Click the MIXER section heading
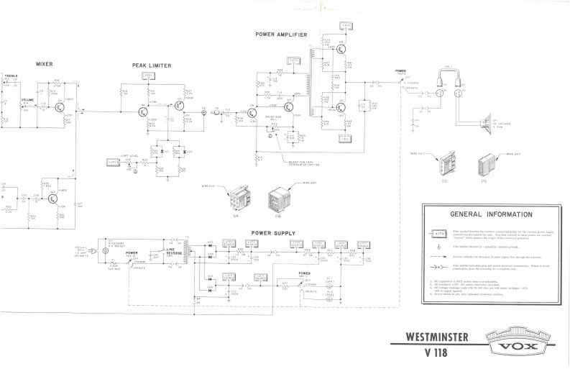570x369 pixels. coord(45,64)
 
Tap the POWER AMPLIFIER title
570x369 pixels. coord(281,34)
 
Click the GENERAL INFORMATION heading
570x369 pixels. coord(490,214)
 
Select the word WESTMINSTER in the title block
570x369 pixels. coord(438,335)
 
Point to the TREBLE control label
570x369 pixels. coord(12,76)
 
